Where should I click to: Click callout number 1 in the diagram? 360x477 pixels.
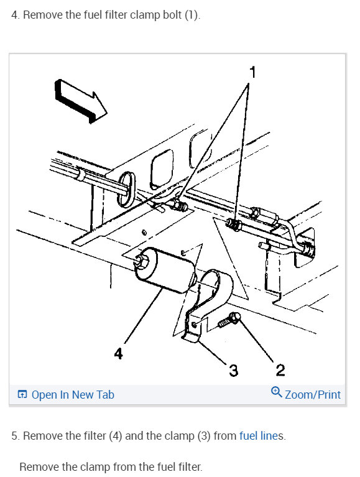click(x=252, y=73)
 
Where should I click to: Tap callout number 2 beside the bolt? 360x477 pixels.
click(x=280, y=371)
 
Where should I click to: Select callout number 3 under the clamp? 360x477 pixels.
click(x=233, y=371)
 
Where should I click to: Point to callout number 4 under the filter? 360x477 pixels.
click(x=118, y=354)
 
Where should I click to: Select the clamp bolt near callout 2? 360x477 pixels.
click(x=229, y=320)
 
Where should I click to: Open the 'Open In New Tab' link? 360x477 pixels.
click(x=72, y=394)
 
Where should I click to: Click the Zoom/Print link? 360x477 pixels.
click(x=312, y=394)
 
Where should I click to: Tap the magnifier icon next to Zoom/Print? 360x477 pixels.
click(x=277, y=393)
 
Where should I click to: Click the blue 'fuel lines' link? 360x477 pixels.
click(x=261, y=436)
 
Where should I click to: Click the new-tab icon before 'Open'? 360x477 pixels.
click(x=22, y=394)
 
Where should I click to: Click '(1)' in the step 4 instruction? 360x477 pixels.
click(x=190, y=15)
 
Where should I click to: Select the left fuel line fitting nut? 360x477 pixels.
click(x=182, y=205)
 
